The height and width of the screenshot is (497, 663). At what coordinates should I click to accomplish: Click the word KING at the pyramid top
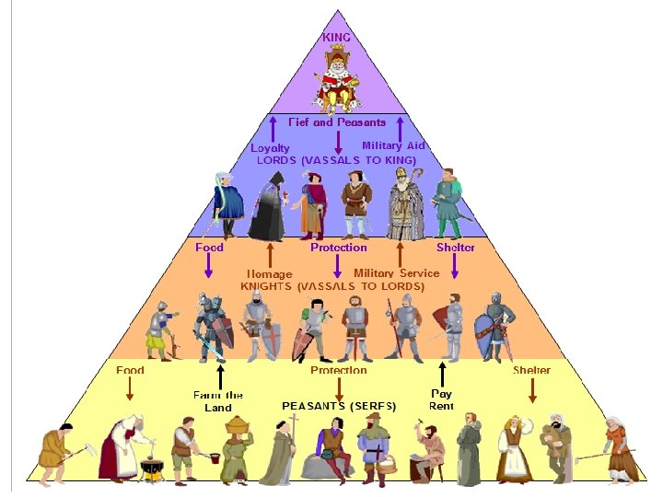[x=336, y=38]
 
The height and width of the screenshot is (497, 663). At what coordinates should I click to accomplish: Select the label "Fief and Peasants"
[x=337, y=121]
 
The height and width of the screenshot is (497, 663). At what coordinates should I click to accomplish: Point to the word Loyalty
[x=271, y=147]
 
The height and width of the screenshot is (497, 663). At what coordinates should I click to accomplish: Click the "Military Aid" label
[x=393, y=145]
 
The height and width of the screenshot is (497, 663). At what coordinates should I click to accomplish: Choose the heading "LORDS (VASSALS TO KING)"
[x=336, y=160]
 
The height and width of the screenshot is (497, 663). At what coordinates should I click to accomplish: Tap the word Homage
[x=269, y=273]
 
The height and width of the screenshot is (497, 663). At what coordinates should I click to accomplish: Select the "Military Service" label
[x=396, y=272]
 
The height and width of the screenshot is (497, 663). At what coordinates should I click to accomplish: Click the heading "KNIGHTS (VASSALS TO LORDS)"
[x=332, y=286]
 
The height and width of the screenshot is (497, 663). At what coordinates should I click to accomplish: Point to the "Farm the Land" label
[x=218, y=400]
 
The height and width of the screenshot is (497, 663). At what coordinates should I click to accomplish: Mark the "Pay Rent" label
[x=442, y=399]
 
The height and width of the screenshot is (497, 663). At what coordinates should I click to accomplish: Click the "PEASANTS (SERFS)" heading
[x=339, y=405]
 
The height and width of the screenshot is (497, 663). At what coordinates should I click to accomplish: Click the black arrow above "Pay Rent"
[x=442, y=375]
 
